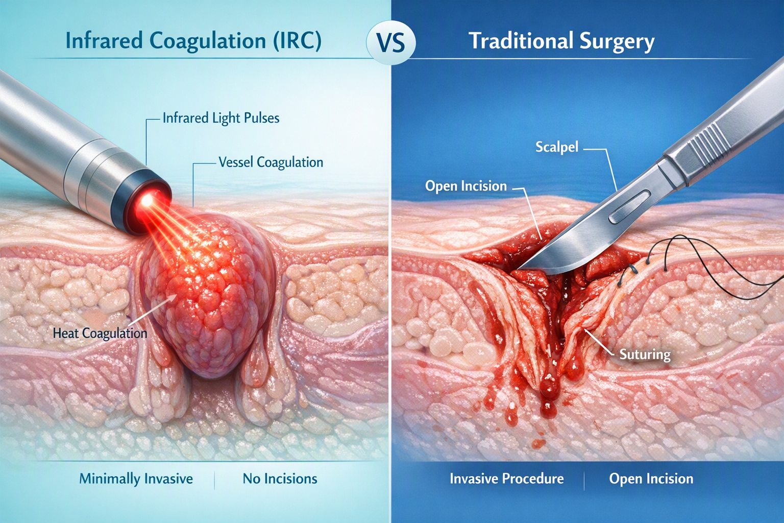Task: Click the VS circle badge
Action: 391,43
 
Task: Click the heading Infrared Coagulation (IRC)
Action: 193,41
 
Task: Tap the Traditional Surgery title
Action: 562,41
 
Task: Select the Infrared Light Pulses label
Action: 221,118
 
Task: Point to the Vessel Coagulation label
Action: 271,162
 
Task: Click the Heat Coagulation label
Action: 100,333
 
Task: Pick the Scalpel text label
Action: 557,148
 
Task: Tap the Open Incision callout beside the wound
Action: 466,186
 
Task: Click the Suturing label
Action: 645,355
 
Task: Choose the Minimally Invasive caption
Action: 136,479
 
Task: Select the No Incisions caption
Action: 280,479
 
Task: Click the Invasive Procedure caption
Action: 506,479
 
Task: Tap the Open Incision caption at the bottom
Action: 651,479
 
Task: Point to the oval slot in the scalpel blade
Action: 629,207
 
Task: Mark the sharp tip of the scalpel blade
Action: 517,269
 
